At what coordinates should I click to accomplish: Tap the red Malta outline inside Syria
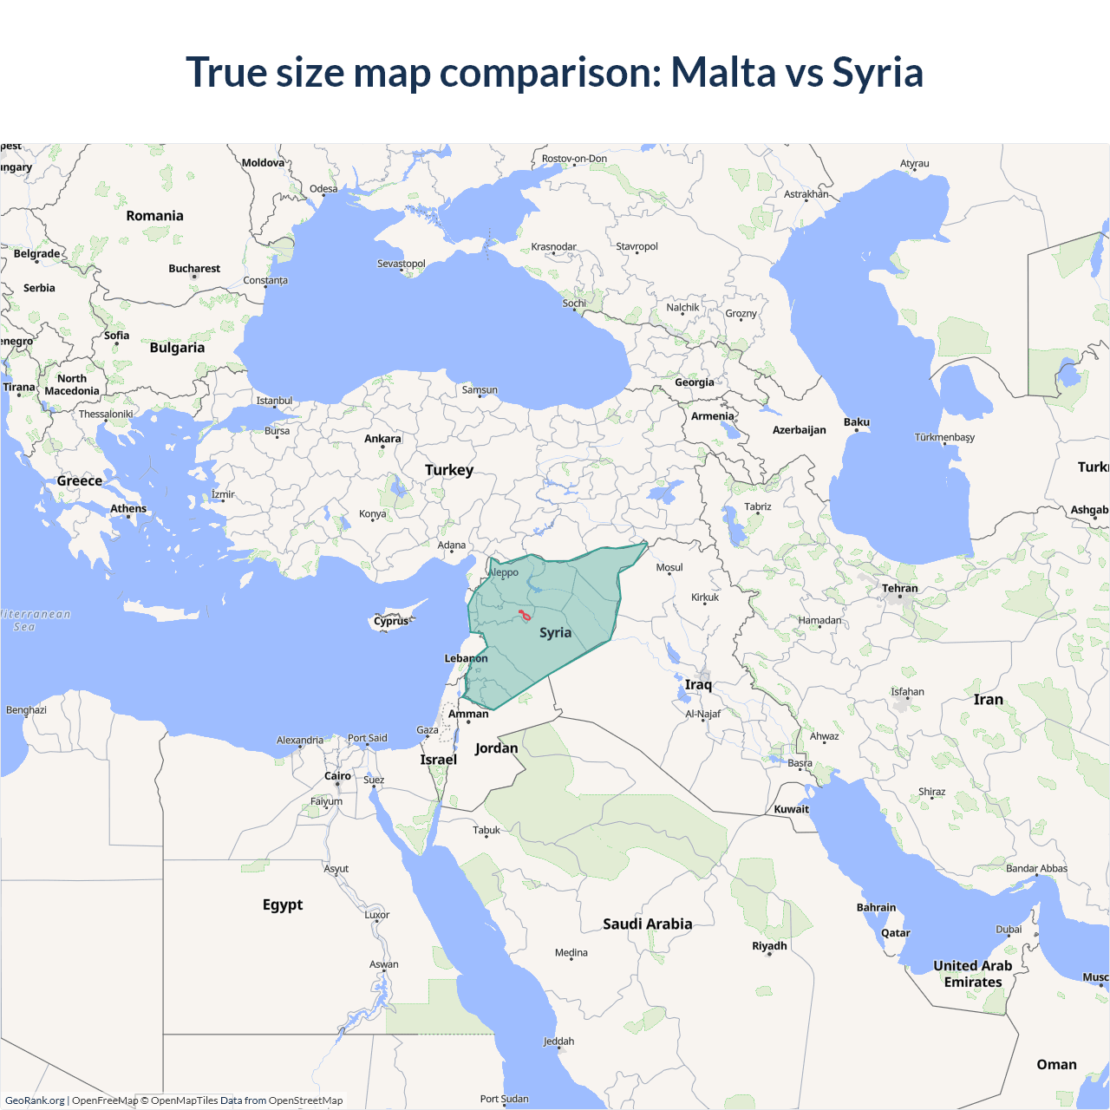pyautogui.click(x=525, y=616)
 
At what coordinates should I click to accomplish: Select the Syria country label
pyautogui.click(x=555, y=632)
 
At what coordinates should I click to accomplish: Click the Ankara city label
pyautogui.click(x=382, y=439)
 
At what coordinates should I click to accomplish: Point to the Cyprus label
pyautogui.click(x=391, y=621)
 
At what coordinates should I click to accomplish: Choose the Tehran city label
pyautogui.click(x=900, y=588)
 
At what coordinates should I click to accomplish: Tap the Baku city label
pyautogui.click(x=857, y=422)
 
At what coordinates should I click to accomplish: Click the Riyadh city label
pyautogui.click(x=769, y=945)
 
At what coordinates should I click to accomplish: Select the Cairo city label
pyautogui.click(x=337, y=776)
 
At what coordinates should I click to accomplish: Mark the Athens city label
pyautogui.click(x=128, y=508)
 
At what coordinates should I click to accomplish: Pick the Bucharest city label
pyautogui.click(x=194, y=269)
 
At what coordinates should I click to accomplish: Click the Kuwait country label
pyautogui.click(x=791, y=809)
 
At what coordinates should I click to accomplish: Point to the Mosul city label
pyautogui.click(x=669, y=567)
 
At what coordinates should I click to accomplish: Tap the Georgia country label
pyautogui.click(x=695, y=382)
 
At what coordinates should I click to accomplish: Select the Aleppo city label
pyautogui.click(x=504, y=572)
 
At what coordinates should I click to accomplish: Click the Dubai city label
pyautogui.click(x=1009, y=929)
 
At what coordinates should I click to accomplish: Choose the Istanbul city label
pyautogui.click(x=274, y=401)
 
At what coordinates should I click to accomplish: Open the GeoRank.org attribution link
pyautogui.click(x=35, y=1100)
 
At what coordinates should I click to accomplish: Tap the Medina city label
pyautogui.click(x=571, y=952)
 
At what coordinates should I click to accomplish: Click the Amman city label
pyautogui.click(x=468, y=714)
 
